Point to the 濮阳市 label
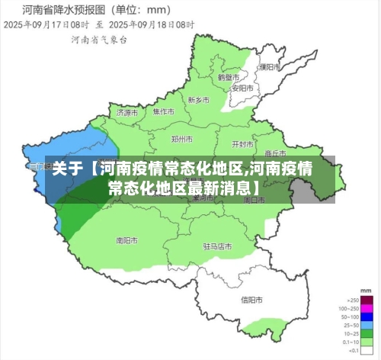266,67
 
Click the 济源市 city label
127,112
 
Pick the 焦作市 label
163,111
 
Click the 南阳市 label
126,239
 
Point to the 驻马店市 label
217,246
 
